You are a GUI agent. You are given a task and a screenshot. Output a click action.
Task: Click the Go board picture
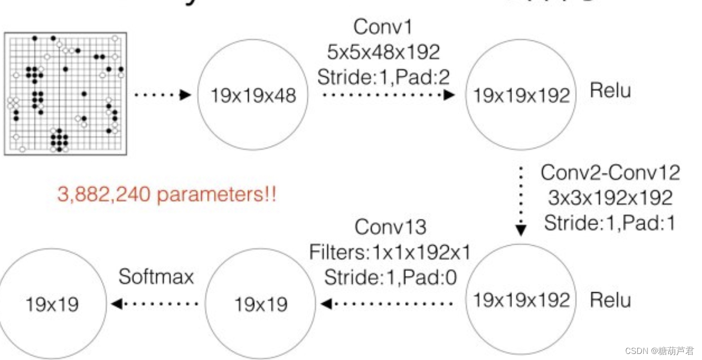65,93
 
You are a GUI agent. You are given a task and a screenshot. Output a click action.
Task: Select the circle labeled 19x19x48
253,95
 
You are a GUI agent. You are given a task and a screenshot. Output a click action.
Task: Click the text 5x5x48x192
384,52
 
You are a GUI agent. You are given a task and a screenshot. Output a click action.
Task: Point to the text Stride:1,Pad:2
384,76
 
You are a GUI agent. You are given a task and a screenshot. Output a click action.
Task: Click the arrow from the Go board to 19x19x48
162,95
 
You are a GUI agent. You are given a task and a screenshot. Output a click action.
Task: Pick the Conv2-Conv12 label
610,173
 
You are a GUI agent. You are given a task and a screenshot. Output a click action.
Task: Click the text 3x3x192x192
610,198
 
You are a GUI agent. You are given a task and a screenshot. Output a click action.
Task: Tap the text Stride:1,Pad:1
610,222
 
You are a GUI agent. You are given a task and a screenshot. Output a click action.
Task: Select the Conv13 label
390,227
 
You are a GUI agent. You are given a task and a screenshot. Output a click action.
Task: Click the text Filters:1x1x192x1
390,252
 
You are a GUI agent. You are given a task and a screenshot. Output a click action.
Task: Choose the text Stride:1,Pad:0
390,277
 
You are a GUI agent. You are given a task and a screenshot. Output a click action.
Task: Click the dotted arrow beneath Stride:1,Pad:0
387,304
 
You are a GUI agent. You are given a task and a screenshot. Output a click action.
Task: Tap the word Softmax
156,277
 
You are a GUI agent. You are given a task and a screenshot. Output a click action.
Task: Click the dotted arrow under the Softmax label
155,304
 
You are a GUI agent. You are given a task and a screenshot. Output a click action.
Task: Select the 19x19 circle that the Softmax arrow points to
53,304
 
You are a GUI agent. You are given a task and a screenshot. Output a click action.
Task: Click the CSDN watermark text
659,351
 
